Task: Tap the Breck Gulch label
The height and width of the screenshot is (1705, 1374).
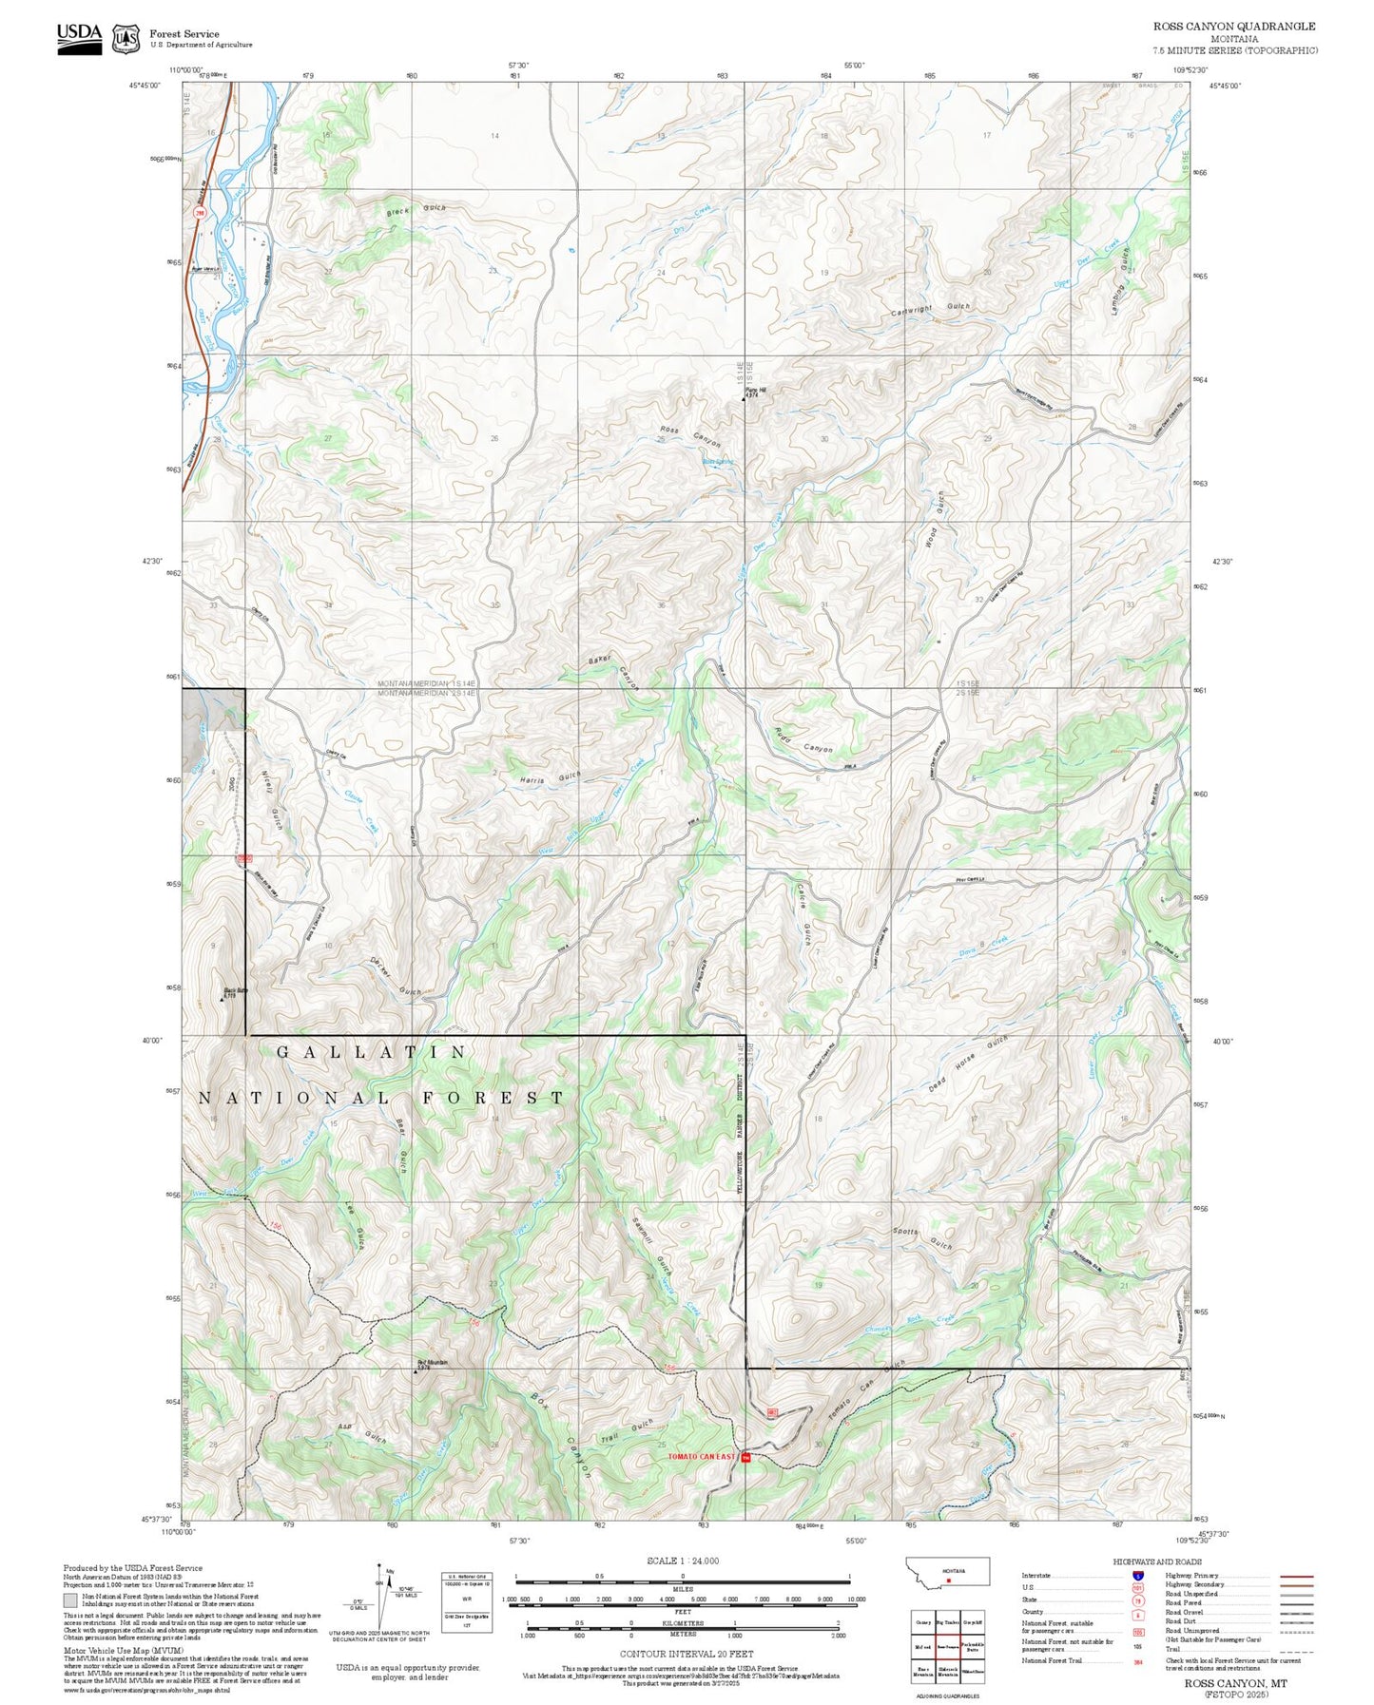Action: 416,210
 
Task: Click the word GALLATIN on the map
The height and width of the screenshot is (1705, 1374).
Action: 372,1052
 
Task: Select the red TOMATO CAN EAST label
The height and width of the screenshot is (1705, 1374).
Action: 701,1456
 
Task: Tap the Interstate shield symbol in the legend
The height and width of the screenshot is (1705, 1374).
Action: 1138,1576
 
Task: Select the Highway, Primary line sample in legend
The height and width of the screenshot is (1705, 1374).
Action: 1297,1576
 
